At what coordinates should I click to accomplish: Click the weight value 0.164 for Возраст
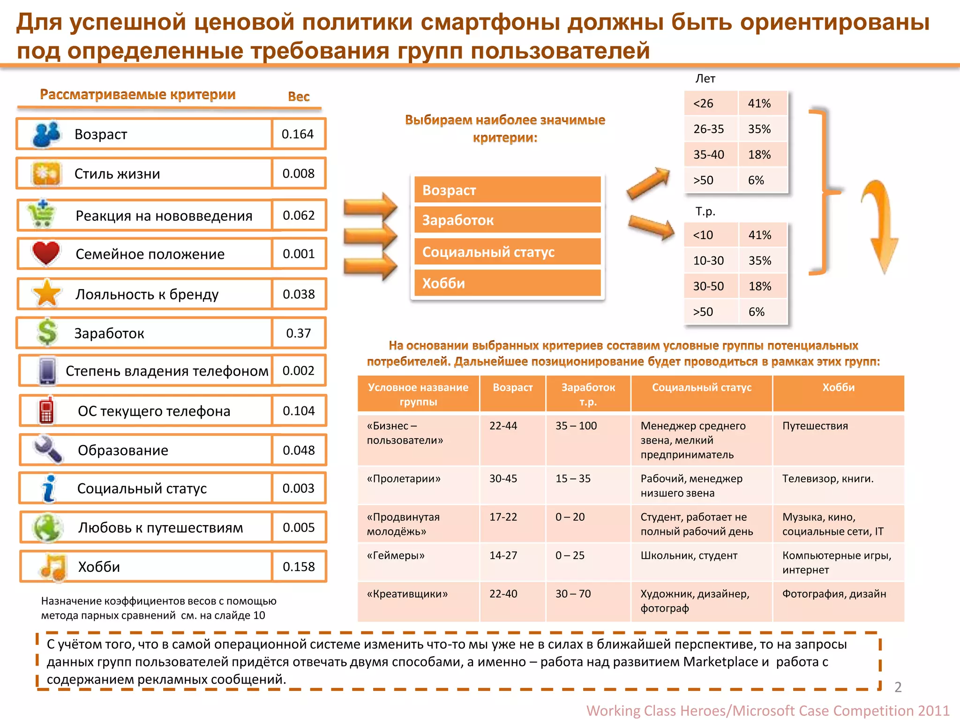pos(298,134)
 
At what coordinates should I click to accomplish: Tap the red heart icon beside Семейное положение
pos(46,253)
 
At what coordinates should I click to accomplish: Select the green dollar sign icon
pos(47,332)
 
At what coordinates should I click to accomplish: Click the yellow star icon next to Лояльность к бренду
pos(47,293)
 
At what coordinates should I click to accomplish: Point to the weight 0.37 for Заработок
pos(299,333)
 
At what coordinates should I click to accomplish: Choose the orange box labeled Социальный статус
pos(507,252)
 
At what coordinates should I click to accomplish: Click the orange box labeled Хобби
pos(507,283)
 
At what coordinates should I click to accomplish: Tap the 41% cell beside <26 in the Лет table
pos(759,103)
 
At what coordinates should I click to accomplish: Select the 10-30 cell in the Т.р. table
pos(709,261)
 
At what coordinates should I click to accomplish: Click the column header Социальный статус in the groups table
pos(701,388)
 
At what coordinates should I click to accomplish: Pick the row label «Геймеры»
pos(396,555)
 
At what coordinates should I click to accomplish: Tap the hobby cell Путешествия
pos(815,426)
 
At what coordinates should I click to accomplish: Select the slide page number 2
pos(898,687)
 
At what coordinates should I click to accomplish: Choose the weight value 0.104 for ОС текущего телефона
pos(299,411)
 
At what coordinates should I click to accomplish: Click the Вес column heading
pos(299,97)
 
